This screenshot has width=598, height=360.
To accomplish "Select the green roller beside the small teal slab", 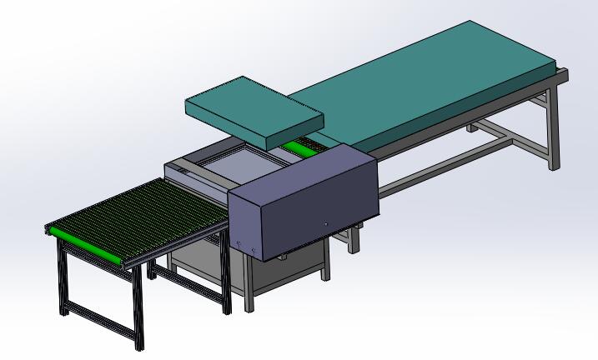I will tap(301, 147).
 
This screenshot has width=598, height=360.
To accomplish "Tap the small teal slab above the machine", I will tap(250, 103).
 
